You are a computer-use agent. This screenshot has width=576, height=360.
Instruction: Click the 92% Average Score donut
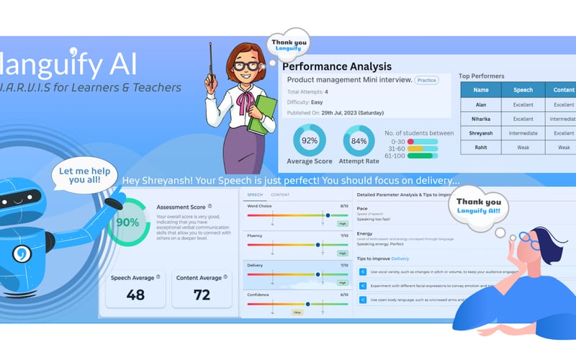tap(310, 140)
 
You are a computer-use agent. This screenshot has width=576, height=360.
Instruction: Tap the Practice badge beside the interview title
tap(427, 80)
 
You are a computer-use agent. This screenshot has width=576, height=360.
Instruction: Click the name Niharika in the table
tap(481, 119)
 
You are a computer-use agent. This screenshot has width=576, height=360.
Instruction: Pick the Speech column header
tap(523, 91)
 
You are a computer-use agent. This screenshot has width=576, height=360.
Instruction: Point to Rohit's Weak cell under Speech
tap(523, 148)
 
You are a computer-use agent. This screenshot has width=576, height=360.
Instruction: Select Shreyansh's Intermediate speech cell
tap(523, 133)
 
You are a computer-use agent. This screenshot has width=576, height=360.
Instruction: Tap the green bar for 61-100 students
tap(422, 155)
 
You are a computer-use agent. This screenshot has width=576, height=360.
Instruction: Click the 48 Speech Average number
tap(135, 294)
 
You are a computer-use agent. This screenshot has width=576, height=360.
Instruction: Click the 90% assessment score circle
tap(128, 222)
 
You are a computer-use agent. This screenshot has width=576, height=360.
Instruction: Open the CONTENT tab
tap(280, 195)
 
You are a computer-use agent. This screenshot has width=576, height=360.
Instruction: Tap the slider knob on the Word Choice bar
tap(328, 215)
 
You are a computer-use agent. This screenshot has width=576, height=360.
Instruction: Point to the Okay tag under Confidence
tap(297, 313)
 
